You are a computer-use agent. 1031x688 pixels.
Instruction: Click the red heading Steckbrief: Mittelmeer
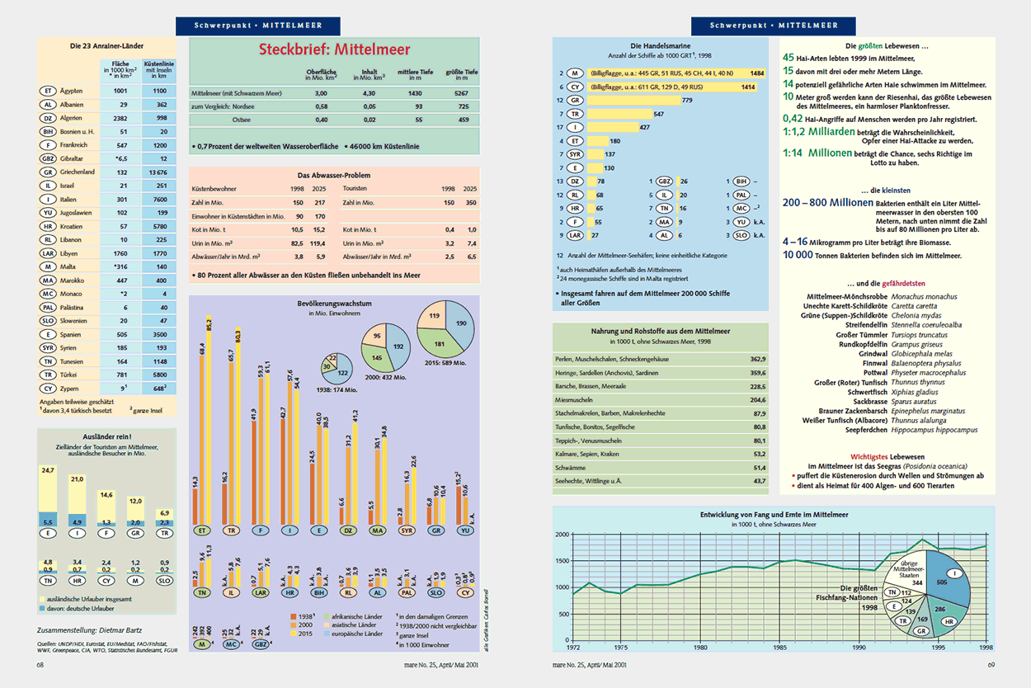coord(334,49)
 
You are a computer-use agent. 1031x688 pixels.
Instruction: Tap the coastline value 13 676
coord(156,172)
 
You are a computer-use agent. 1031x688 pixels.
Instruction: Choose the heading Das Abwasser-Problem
coord(333,175)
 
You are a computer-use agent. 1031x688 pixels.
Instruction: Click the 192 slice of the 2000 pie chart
coord(400,348)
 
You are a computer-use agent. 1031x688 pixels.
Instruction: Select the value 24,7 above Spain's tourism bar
coord(48,470)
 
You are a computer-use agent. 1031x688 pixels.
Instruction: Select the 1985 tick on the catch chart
coord(780,648)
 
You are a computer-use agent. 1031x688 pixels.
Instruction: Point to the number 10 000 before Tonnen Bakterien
coord(801,256)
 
